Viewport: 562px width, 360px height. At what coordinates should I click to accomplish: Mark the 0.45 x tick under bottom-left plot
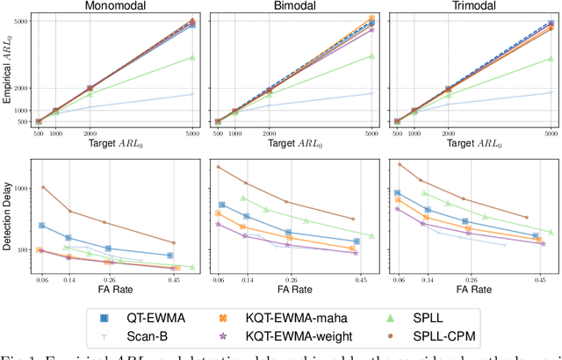pos(175,279)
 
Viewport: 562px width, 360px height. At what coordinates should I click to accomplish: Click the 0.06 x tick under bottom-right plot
pos(398,279)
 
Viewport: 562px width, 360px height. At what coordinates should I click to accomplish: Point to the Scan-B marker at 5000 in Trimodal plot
pos(551,92)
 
